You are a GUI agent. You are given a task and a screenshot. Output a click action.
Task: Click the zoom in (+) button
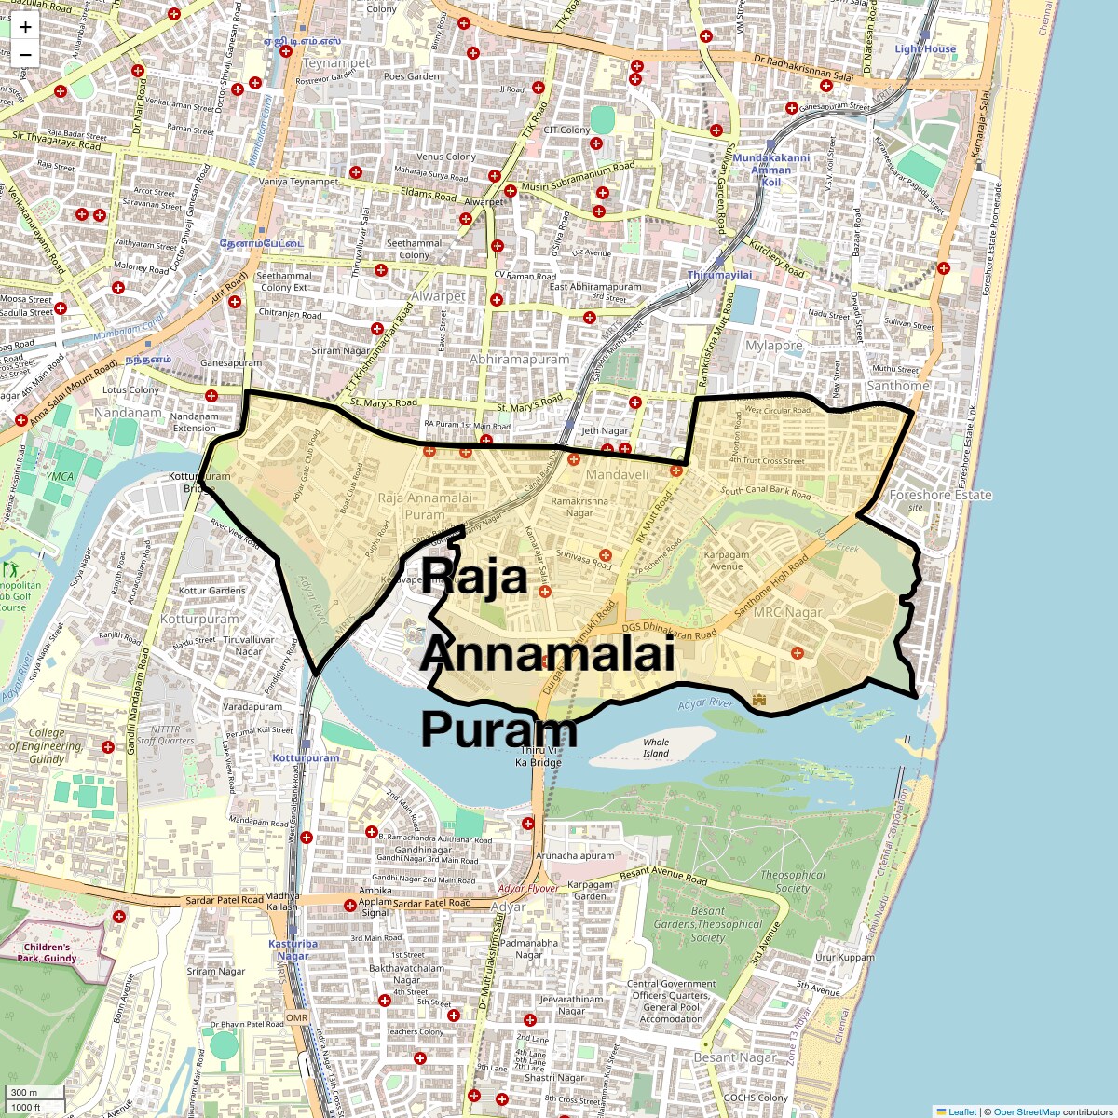click(x=25, y=27)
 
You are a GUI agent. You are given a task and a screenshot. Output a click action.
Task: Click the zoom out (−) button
click(x=25, y=55)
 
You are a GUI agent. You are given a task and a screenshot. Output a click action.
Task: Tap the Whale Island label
click(x=656, y=747)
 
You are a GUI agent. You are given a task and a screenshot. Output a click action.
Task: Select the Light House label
click(x=925, y=49)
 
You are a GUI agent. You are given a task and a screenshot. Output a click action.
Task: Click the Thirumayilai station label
click(x=719, y=276)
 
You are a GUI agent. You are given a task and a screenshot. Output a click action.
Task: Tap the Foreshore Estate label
click(x=940, y=495)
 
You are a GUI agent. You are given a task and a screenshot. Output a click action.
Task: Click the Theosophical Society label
click(x=792, y=881)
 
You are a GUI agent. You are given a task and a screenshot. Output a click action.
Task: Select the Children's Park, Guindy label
click(x=47, y=952)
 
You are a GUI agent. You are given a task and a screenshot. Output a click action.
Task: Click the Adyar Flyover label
click(x=528, y=889)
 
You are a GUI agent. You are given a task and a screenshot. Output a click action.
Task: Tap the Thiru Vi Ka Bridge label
click(x=539, y=757)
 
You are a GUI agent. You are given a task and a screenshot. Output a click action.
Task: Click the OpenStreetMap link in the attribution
click(x=1026, y=1111)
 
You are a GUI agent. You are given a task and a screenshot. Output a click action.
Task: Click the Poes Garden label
click(x=410, y=76)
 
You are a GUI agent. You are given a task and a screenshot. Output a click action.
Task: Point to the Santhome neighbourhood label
click(x=897, y=386)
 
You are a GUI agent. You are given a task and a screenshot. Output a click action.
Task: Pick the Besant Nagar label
click(x=734, y=1057)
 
